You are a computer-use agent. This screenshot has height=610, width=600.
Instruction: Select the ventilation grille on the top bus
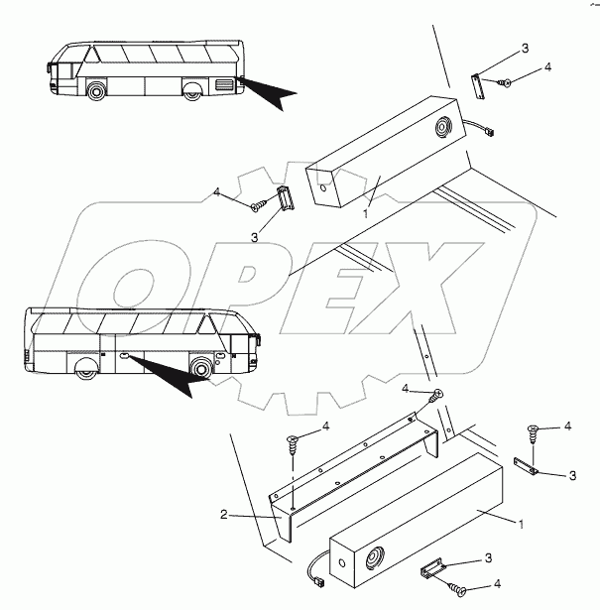223,85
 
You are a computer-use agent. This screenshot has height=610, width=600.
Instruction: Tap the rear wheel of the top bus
191,93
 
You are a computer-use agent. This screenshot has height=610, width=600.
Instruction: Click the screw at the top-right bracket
506,82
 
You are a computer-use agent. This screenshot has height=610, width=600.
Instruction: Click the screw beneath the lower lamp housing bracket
459,592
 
